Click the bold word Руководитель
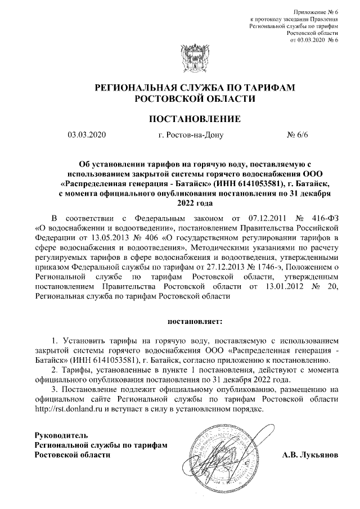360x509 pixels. pyautogui.click(x=61, y=435)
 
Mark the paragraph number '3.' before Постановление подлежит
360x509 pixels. pyautogui.click(x=54, y=389)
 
